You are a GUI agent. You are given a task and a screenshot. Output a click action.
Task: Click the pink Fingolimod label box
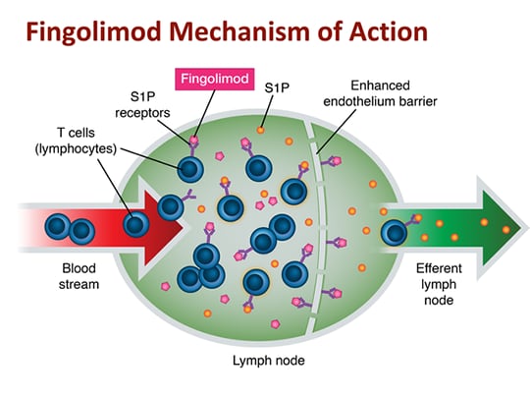pos(215,79)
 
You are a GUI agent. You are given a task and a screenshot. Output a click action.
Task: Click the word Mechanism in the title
pos(239,31)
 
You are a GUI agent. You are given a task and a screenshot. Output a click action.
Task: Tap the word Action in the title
pos(389,31)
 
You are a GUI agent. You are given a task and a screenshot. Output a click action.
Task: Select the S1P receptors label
pos(142,104)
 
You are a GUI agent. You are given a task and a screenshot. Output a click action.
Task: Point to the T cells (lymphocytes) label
pos(76,141)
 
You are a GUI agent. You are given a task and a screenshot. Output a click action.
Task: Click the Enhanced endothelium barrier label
pos(380,93)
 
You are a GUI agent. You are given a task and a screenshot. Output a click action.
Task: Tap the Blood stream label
pos(79,276)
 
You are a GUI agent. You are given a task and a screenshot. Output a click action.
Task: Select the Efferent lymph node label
pos(439,284)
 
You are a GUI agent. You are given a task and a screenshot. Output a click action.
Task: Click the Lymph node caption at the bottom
pos(269,361)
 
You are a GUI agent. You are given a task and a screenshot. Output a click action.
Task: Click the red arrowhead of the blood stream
pos(162,227)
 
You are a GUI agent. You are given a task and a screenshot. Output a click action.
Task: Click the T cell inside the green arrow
pos(394,233)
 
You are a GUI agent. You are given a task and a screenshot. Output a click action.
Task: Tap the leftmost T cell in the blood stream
pos(58,226)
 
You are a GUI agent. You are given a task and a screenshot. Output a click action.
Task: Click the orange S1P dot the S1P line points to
pos(260,130)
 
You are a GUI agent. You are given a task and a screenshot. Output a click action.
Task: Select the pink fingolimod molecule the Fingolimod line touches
pos(193,140)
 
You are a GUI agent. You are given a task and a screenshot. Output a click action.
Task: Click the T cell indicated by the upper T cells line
pos(190,169)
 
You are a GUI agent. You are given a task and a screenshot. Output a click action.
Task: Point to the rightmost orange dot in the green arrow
pos(506,230)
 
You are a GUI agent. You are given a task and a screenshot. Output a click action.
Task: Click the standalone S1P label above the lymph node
pos(277,88)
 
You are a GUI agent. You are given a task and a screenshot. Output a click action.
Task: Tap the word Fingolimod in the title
pos(93,32)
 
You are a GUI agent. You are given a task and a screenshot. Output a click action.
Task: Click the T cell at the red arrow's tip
pos(171,207)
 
